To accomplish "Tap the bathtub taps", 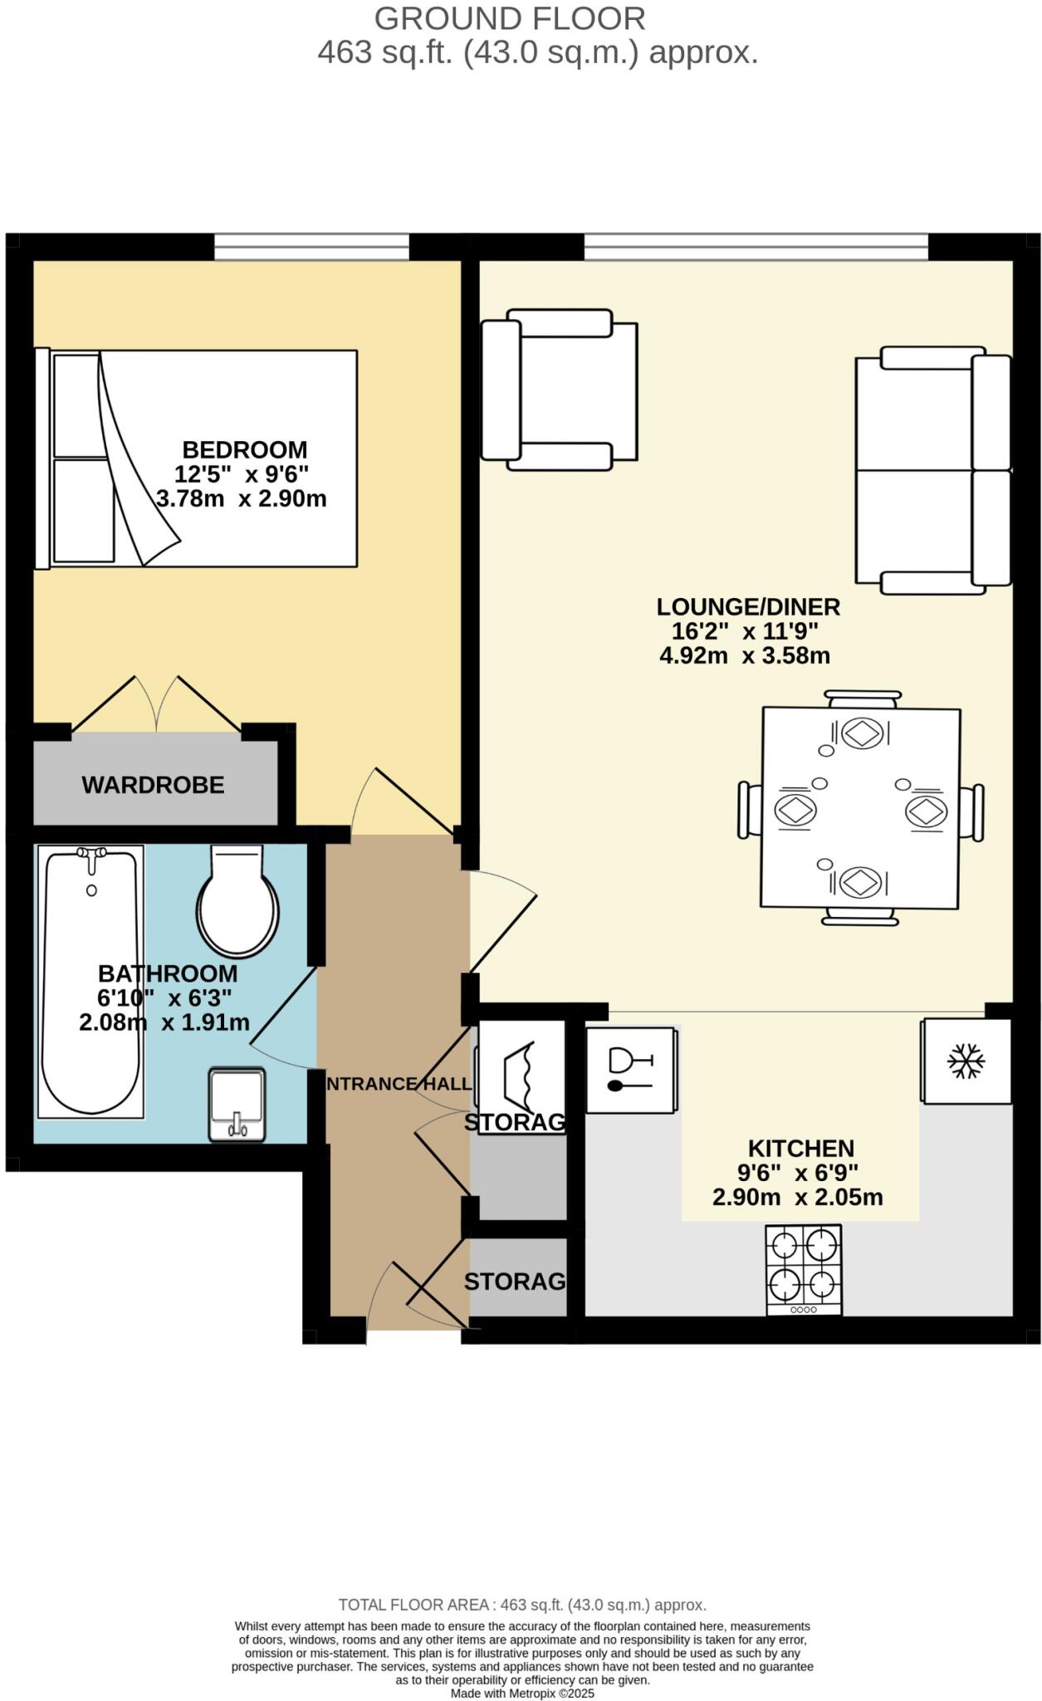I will click(x=91, y=854).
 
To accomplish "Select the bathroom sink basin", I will click(x=237, y=1103).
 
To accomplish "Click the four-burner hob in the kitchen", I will click(x=804, y=1268).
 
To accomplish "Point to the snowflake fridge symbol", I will click(x=966, y=1061).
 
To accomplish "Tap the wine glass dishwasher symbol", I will click(x=629, y=1069).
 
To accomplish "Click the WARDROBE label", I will click(x=153, y=785).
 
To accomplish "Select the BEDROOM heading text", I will click(x=244, y=450).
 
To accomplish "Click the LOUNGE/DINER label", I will click(x=748, y=607).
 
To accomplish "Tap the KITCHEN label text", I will click(x=800, y=1149).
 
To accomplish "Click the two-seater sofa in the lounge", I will click(x=932, y=470).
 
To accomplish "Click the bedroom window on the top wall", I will click(x=311, y=246).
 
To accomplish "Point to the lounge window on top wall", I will click(x=756, y=246).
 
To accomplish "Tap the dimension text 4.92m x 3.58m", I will click(x=745, y=656).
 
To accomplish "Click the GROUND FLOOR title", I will click(x=509, y=18).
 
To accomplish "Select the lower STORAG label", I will click(x=514, y=1282).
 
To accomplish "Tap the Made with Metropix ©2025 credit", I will click(x=522, y=1693).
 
